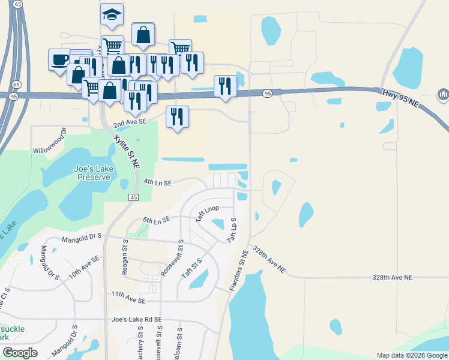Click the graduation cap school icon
(x=111, y=14)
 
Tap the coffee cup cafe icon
(x=59, y=59)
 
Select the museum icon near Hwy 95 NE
(x=444, y=94)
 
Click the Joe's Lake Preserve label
(x=92, y=173)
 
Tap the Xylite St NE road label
(x=127, y=151)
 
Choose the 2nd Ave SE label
(x=130, y=121)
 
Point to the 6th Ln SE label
(x=157, y=220)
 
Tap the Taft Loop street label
(x=208, y=214)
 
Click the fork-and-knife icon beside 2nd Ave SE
(x=177, y=116)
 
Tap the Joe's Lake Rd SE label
(x=136, y=320)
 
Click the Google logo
(x=20, y=353)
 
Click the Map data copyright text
(x=412, y=355)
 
